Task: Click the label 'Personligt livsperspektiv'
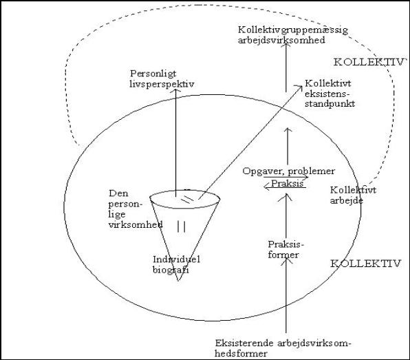[162, 79]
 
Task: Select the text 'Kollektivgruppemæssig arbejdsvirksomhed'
[293, 35]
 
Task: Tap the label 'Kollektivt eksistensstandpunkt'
[330, 94]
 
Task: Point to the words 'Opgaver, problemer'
[289, 171]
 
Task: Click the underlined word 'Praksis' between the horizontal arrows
[287, 183]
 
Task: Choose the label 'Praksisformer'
[286, 250]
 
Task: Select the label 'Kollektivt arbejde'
[353, 195]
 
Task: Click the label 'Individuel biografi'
[177, 264]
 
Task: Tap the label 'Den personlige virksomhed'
[136, 209]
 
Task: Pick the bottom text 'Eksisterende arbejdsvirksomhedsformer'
[283, 348]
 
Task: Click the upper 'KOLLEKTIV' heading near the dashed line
[369, 62]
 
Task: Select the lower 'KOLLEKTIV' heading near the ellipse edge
[365, 264]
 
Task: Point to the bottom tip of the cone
[179, 281]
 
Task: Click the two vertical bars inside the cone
[181, 226]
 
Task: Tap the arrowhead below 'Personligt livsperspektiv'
[175, 91]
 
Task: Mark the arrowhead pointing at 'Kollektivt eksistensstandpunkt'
[300, 87]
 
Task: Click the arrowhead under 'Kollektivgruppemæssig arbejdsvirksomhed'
[286, 45]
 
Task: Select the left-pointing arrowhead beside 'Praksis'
[266, 187]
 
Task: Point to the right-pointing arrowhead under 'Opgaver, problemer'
[306, 178]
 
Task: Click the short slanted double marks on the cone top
[187, 199]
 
